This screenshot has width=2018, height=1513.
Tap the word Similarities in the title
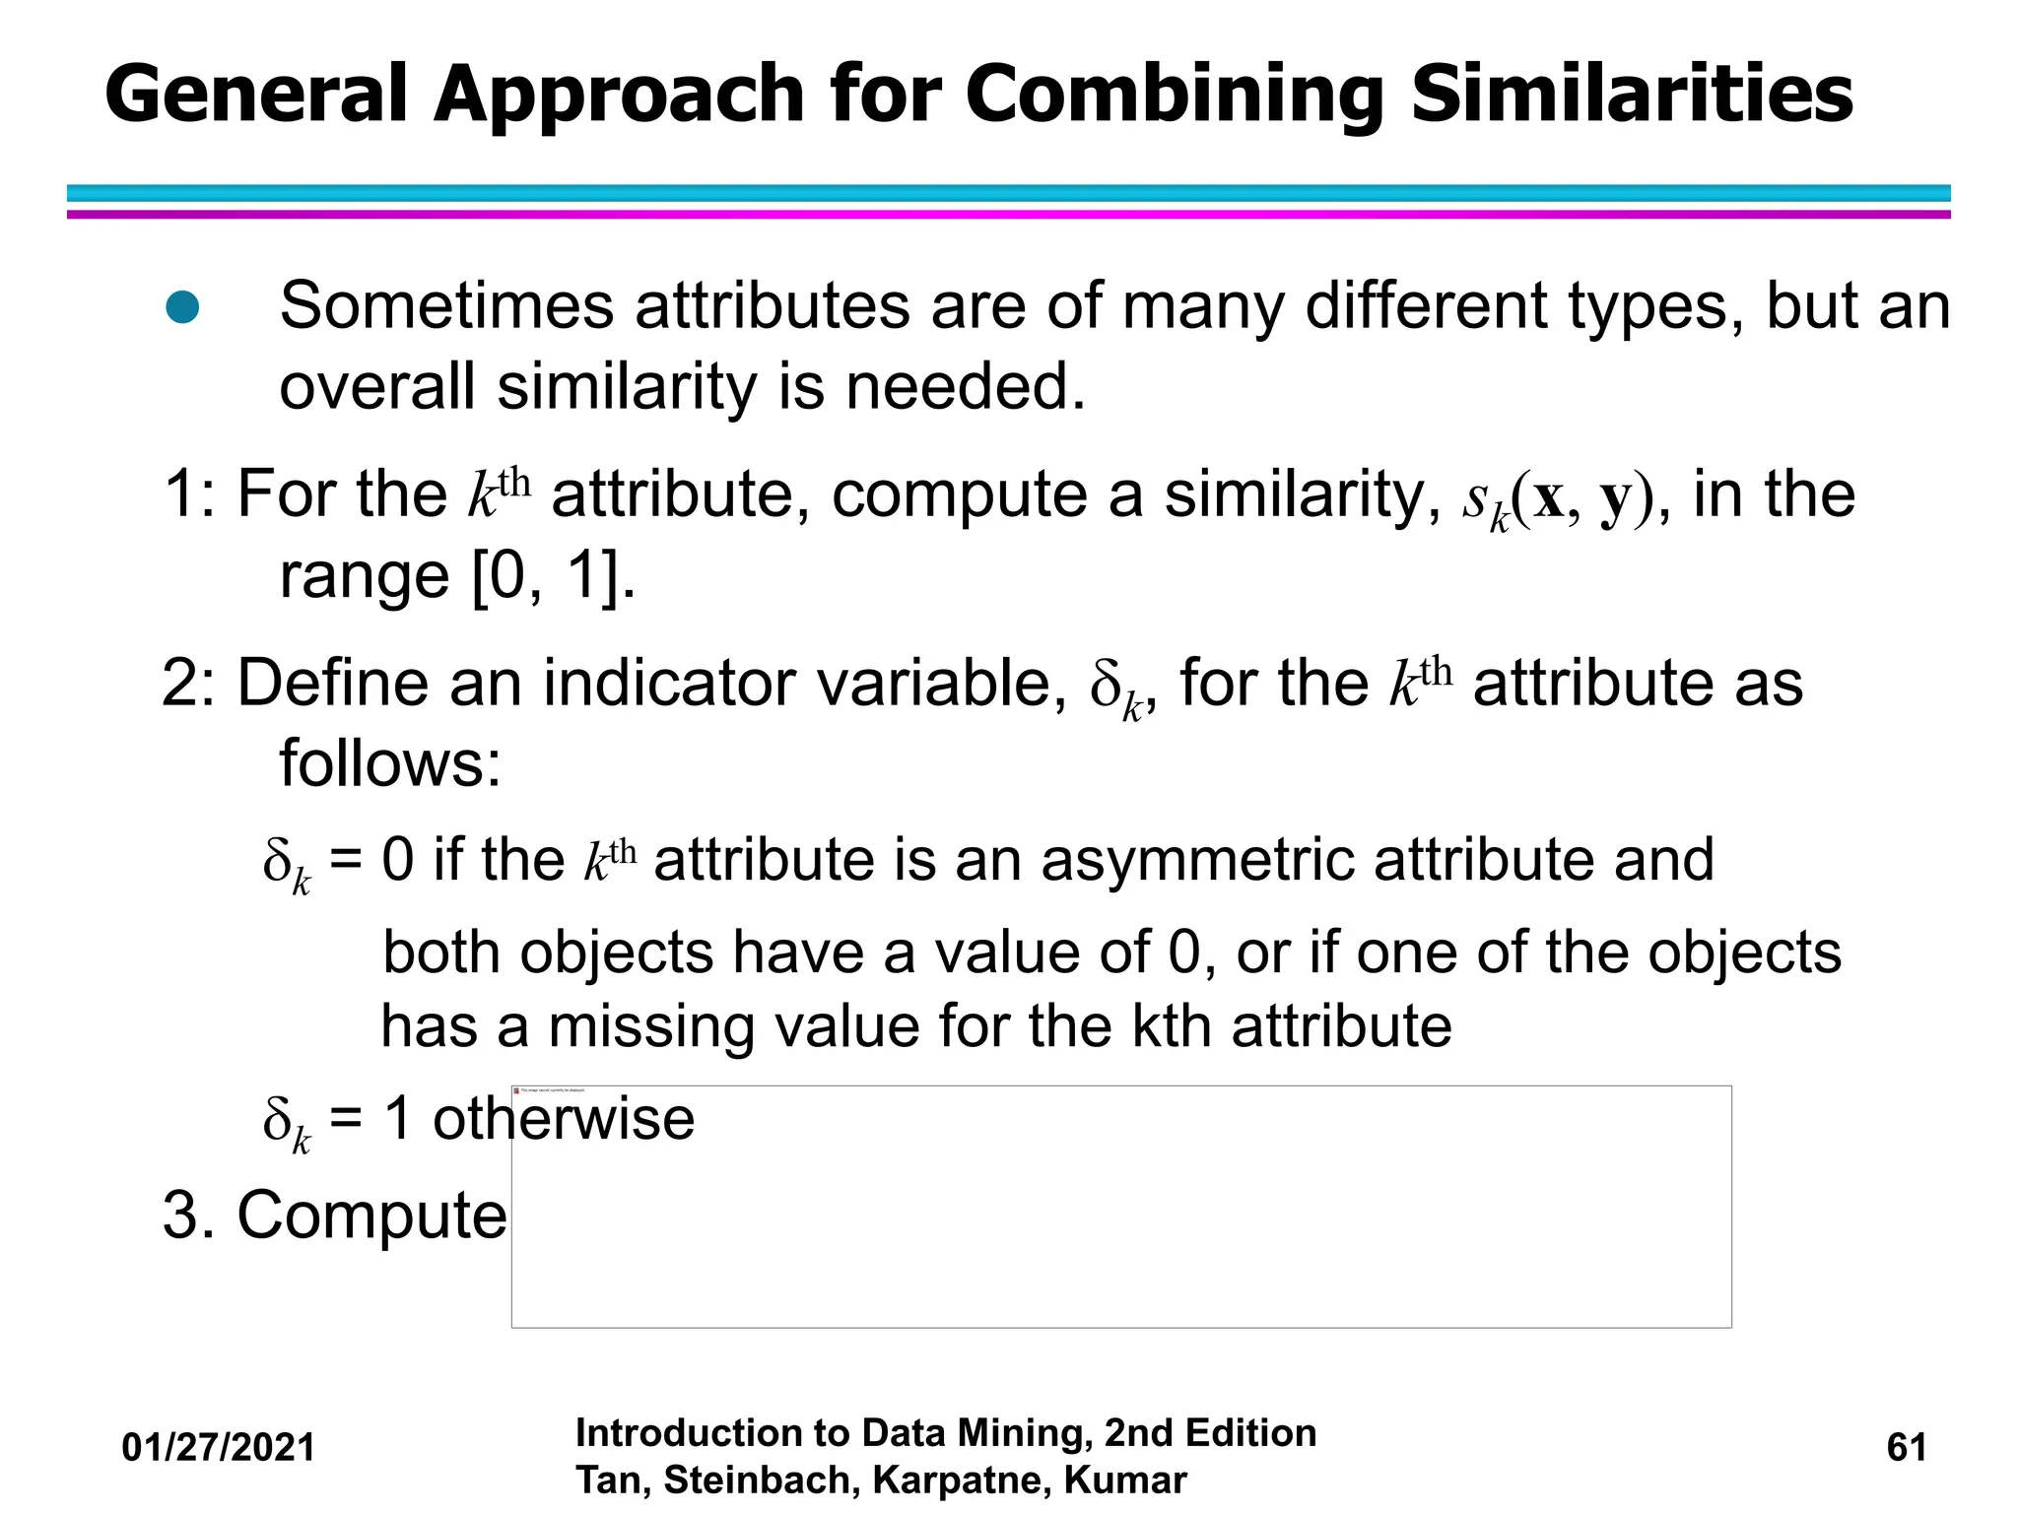pos(1632,95)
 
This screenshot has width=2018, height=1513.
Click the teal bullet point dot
pos(182,307)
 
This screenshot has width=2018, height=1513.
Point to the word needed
pos(965,386)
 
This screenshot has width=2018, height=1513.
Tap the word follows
pos(390,762)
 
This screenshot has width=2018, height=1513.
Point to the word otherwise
pos(564,1119)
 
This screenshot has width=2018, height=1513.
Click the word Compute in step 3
pos(372,1215)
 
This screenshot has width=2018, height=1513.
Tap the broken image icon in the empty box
pos(517,1090)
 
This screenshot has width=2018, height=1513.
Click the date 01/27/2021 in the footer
pos(218,1448)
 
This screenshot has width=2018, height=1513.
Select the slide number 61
pos(1906,1448)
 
